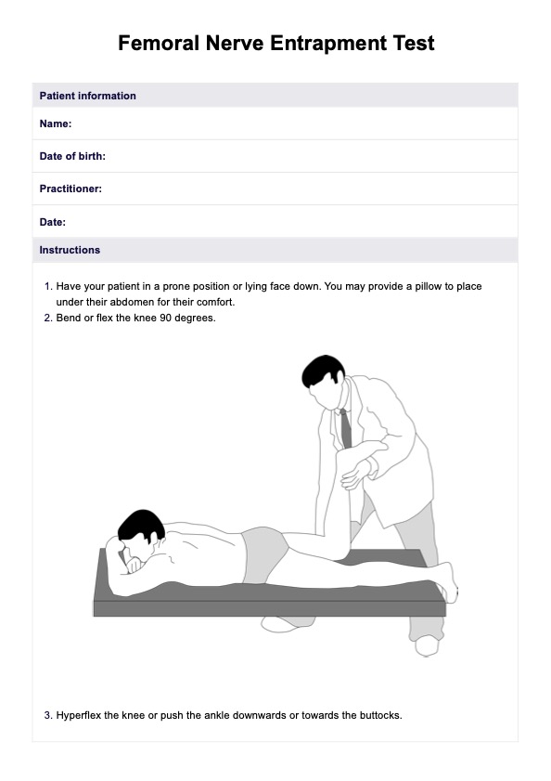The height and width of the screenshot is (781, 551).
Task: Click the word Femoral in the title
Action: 159,44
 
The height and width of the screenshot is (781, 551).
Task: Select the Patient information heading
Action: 87,96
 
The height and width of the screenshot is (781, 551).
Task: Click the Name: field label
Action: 56,124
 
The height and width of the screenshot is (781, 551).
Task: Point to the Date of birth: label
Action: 72,156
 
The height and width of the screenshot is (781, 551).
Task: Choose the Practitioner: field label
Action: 70,189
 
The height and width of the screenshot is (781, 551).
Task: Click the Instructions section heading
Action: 70,250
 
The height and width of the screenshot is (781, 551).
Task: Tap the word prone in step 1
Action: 176,287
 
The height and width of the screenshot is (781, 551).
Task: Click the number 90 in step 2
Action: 166,318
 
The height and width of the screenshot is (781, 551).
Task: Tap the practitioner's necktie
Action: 345,428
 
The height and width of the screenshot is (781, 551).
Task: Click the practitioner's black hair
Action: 324,371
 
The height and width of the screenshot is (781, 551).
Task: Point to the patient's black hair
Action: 141,525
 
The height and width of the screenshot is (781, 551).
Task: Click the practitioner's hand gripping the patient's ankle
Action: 357,475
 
